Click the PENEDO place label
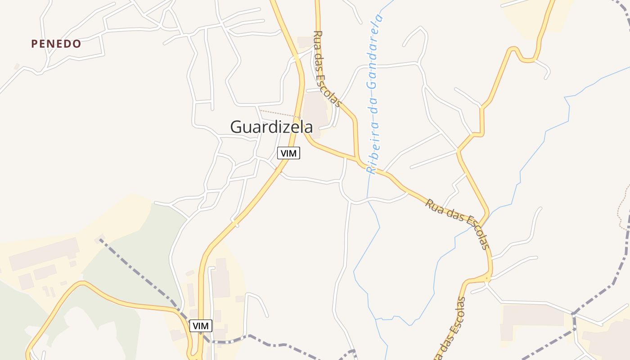point(56,44)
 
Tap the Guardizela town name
point(271,127)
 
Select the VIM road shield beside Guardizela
point(288,153)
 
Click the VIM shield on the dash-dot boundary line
point(201,325)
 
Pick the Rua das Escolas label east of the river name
point(457,224)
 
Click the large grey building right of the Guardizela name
point(316,112)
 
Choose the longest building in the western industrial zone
point(44,254)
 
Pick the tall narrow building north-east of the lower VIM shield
point(221,278)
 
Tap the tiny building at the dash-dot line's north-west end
point(99,238)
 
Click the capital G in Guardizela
point(237,127)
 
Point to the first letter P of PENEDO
point(34,44)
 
